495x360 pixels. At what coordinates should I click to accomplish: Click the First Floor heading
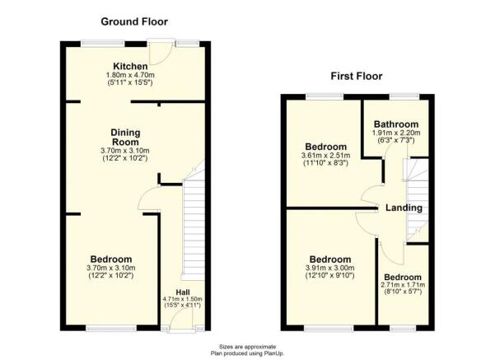pyautogui.click(x=355, y=77)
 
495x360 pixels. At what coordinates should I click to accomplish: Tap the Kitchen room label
pyautogui.click(x=130, y=66)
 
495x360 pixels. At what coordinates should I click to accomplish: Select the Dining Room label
pyautogui.click(x=126, y=137)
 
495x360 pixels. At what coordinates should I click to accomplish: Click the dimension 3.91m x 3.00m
pyautogui.click(x=329, y=269)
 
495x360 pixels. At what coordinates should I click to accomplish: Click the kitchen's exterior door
pyautogui.click(x=167, y=51)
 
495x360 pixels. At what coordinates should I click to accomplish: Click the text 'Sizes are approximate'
pyautogui.click(x=247, y=346)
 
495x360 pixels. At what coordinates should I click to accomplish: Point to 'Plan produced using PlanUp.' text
pyautogui.click(x=247, y=353)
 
